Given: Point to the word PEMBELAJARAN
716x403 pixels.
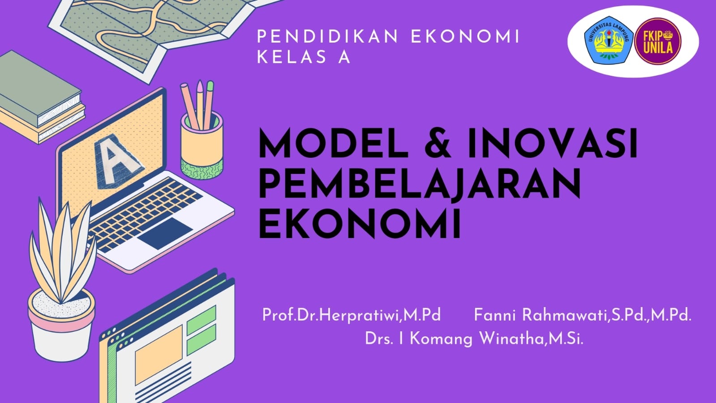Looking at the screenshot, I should click(420, 184).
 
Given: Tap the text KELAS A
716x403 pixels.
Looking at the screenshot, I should click(303, 57).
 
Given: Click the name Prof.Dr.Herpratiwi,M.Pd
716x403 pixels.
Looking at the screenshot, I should click(352, 315).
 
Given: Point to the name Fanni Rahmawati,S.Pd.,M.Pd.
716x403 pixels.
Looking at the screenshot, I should click(582, 315).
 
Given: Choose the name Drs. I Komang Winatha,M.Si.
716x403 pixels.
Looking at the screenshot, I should click(474, 338).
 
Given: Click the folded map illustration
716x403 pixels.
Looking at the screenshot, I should click(148, 31).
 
